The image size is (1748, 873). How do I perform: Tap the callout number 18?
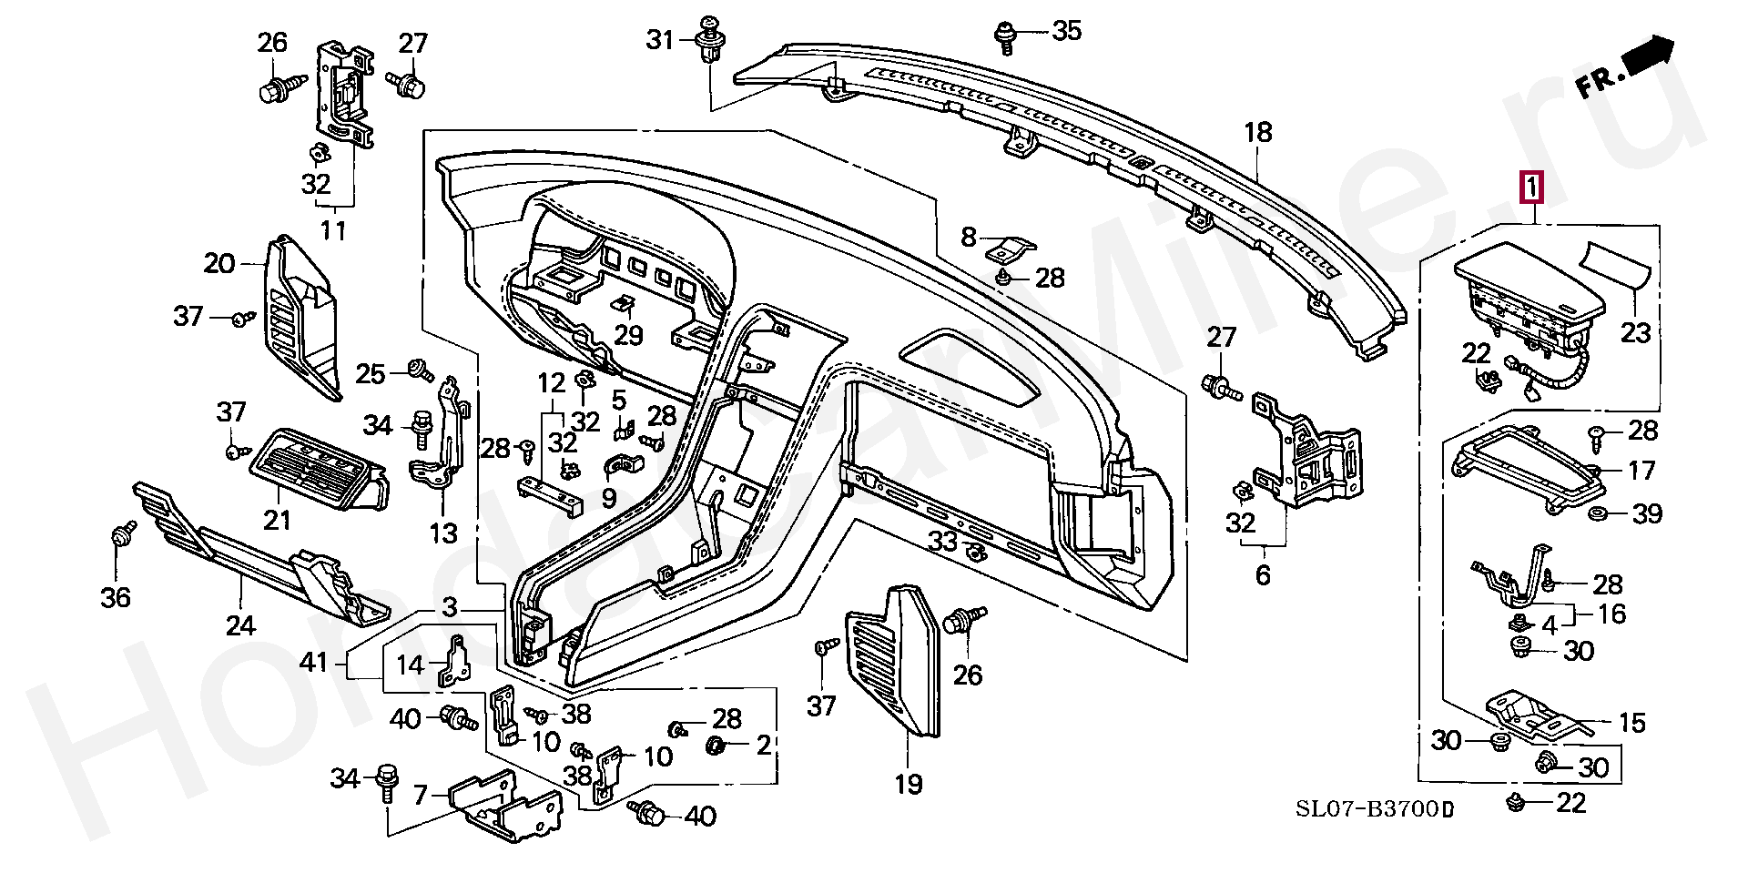point(1257,133)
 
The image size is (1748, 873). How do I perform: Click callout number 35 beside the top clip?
point(1066,31)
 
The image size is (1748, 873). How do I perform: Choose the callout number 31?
point(659,40)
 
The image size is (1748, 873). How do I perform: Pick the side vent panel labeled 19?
point(892,660)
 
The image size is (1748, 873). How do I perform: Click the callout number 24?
point(240,625)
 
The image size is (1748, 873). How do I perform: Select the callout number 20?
point(219,264)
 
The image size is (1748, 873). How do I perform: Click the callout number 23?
point(1635,332)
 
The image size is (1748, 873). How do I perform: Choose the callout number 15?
point(1631,723)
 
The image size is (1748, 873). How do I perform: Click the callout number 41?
point(313,662)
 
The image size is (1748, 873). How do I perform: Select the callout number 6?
point(1262,575)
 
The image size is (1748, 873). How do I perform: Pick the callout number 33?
point(942,542)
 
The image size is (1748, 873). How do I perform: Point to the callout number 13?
point(442,533)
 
